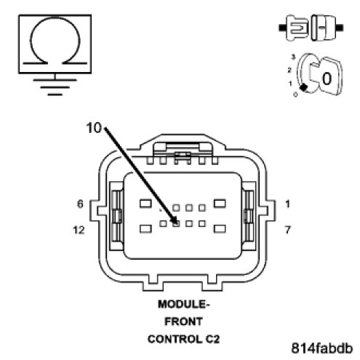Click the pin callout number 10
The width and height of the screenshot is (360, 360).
pos(94,127)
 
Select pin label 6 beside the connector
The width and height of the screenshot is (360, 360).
pos(80,204)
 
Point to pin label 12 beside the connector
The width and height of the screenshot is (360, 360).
pos(79,230)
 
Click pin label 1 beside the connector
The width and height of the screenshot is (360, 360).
pos(287,204)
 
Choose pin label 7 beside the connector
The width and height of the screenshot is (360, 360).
pos(287,230)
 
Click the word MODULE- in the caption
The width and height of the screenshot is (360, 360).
pos(183,304)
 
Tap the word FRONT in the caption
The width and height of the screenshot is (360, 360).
pos(183,321)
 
